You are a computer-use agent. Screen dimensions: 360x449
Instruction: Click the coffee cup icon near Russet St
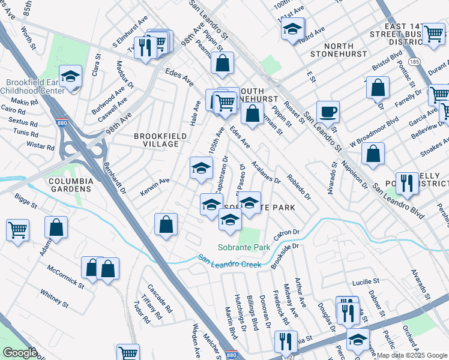[x=328, y=112]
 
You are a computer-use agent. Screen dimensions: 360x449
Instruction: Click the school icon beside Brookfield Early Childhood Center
[x=70, y=77]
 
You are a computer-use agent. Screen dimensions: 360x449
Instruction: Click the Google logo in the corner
[x=20, y=353]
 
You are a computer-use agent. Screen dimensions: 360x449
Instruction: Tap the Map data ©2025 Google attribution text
[x=412, y=355]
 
